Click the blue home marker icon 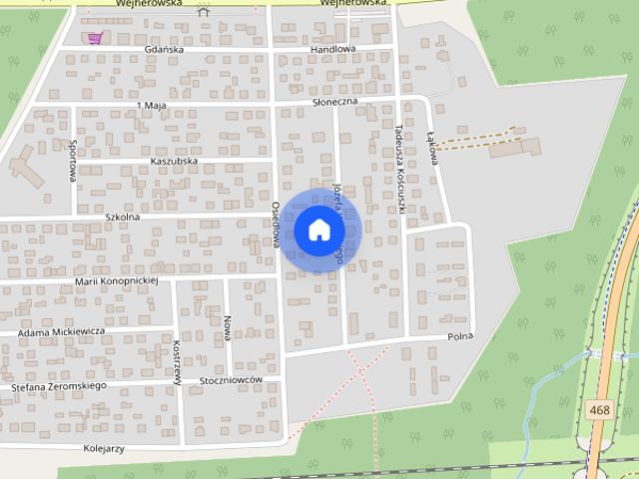tap(319, 230)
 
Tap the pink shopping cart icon tap(95, 38)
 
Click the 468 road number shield tap(599, 409)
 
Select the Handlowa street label tap(332, 49)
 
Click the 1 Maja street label tap(151, 105)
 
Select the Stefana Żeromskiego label tap(58, 385)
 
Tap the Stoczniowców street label tap(229, 380)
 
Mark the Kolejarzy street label tap(104, 448)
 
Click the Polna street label tap(459, 337)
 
